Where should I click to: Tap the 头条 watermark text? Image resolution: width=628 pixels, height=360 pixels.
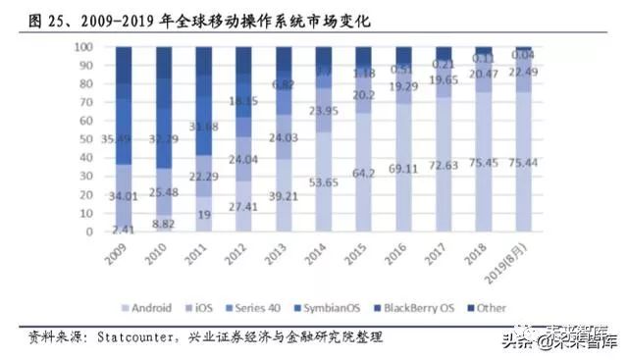click(518, 341)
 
